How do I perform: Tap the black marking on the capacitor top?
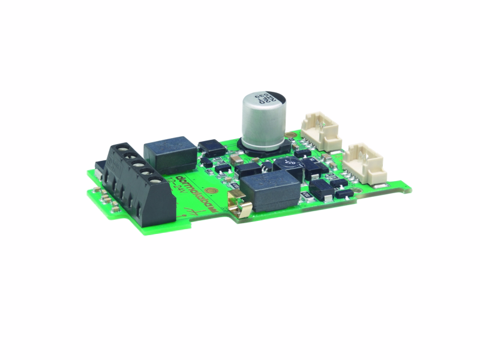(x=271, y=97)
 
